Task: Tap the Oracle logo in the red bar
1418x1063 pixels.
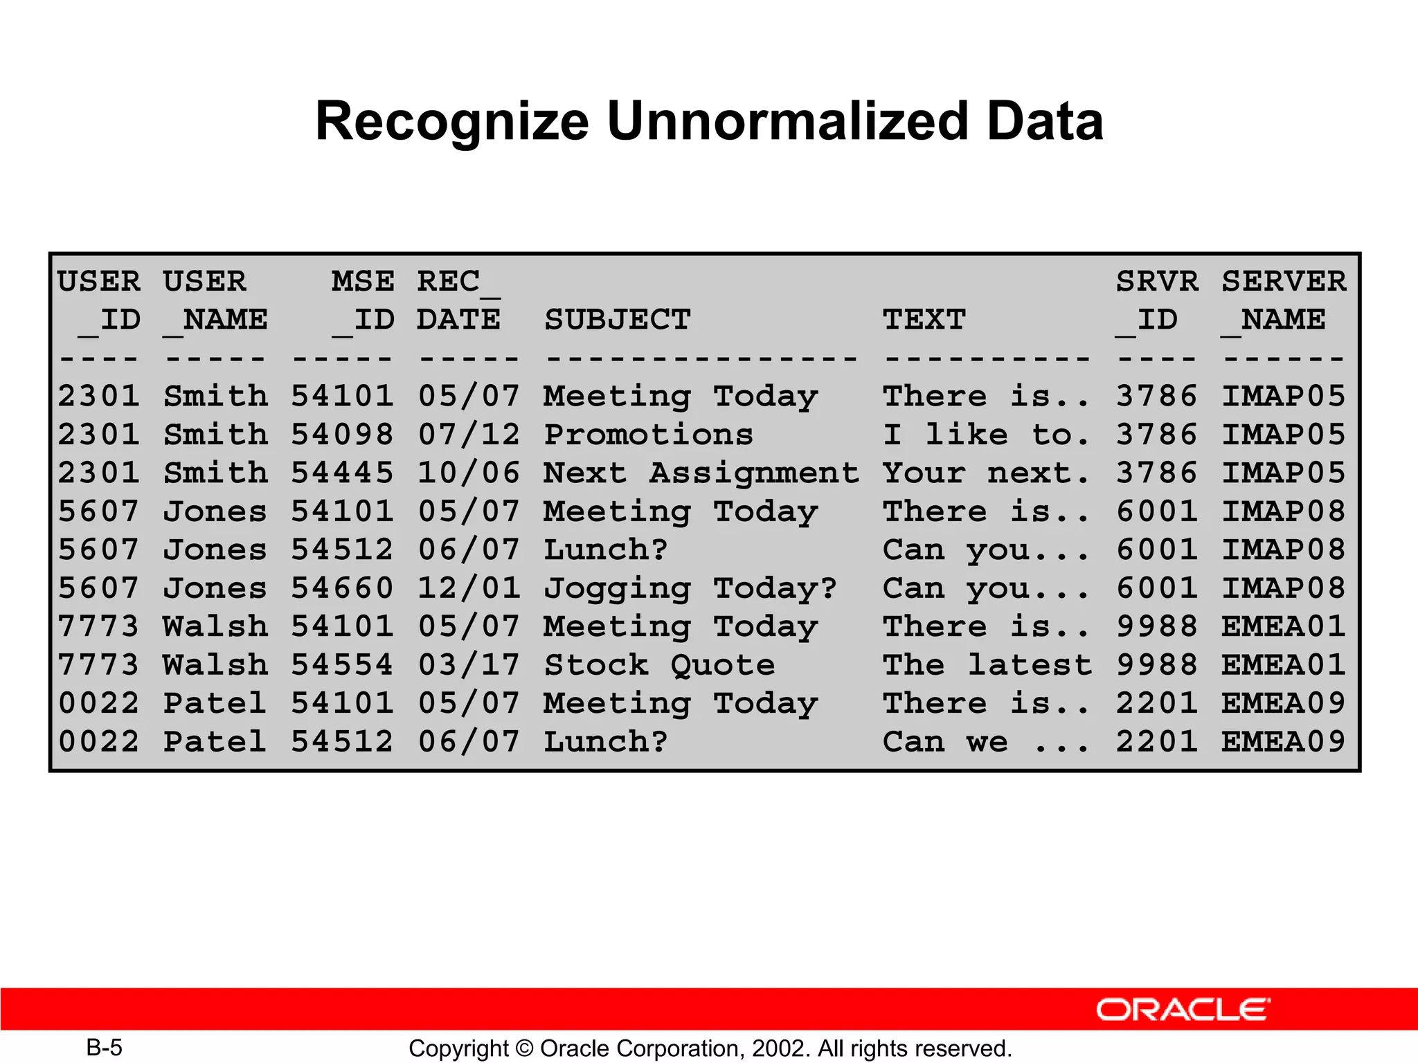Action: click(x=1183, y=1010)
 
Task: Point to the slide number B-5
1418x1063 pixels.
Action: click(x=104, y=1048)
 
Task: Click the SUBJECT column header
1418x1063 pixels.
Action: click(x=618, y=320)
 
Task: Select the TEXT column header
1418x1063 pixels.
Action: click(x=924, y=320)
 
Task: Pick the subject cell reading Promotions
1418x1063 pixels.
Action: click(x=648, y=435)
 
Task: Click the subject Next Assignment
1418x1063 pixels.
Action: click(x=701, y=473)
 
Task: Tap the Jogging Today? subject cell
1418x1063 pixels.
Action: click(x=690, y=588)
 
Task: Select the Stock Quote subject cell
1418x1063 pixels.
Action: click(x=659, y=665)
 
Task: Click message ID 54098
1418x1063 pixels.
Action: click(x=342, y=435)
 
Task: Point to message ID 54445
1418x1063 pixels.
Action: click(x=342, y=473)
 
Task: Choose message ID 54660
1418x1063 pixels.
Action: click(x=342, y=588)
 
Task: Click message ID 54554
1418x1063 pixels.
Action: click(x=342, y=665)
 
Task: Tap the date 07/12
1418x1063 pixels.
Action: click(x=469, y=435)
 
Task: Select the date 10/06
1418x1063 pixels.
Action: click(x=469, y=473)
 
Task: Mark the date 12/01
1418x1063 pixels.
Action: click(x=469, y=588)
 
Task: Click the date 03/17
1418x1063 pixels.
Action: click(x=469, y=665)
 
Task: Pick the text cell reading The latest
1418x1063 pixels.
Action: click(x=987, y=665)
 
